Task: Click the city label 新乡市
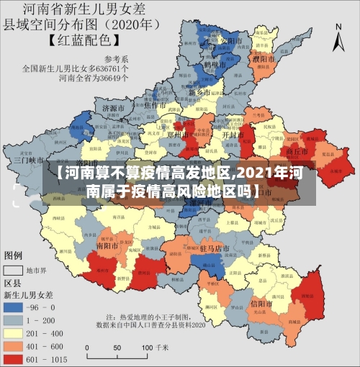199,93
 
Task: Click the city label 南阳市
109,245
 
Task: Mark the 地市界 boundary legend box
14,271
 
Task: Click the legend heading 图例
14,255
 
